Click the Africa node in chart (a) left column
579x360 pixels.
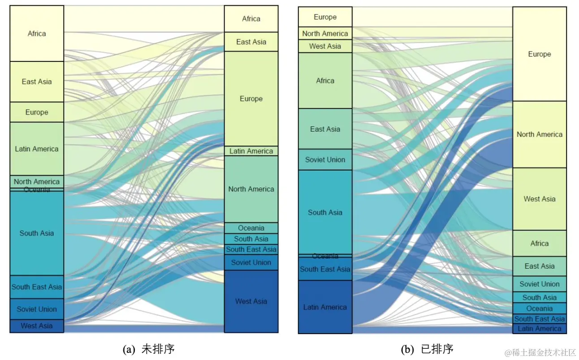point(37,34)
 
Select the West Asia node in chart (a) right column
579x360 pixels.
point(251,301)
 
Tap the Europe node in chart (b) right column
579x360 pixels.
point(539,54)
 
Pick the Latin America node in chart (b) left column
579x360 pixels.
point(325,307)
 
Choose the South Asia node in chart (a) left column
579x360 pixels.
point(37,233)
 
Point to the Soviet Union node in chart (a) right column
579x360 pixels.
point(251,262)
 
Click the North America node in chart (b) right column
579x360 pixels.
point(539,134)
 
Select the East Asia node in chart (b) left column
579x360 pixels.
point(325,129)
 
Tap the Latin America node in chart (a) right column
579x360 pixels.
point(251,151)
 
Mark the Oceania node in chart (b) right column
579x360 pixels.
point(539,309)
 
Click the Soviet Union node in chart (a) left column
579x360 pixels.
point(37,309)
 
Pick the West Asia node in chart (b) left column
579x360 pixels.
point(325,46)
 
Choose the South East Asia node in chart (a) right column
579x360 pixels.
point(251,249)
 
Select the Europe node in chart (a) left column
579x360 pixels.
point(37,112)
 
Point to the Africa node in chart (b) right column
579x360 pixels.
point(539,244)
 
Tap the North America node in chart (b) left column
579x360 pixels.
point(325,34)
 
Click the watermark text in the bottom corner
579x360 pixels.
point(540,353)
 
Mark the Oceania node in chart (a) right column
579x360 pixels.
point(251,228)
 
